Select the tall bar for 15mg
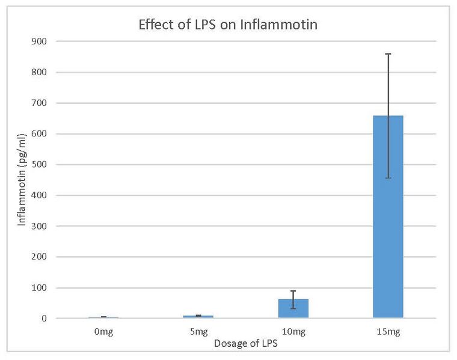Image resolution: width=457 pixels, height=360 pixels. (x=388, y=216)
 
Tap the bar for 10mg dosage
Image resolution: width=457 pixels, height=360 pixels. (x=293, y=308)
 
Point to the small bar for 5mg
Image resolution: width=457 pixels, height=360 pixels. (x=198, y=316)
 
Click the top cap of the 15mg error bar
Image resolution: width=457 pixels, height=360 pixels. (x=388, y=54)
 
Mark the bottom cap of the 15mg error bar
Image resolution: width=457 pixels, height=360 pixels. (x=388, y=178)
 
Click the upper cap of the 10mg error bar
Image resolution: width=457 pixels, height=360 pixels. (x=293, y=291)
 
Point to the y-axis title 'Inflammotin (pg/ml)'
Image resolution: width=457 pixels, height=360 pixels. (x=22, y=180)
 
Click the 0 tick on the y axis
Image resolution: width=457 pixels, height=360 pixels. (x=46, y=319)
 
